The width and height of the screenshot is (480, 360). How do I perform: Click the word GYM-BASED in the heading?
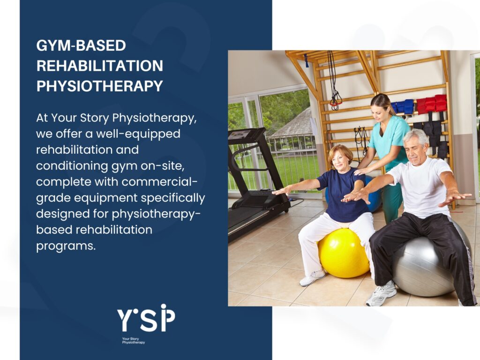81,46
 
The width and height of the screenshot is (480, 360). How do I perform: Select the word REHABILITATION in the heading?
100,66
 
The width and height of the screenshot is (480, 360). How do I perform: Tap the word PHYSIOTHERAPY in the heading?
100,86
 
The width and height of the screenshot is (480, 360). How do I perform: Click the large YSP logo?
146,318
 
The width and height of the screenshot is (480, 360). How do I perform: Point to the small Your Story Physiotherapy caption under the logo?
133,340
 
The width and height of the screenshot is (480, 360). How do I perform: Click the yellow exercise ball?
343,253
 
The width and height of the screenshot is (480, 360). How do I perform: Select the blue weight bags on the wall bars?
402,107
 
